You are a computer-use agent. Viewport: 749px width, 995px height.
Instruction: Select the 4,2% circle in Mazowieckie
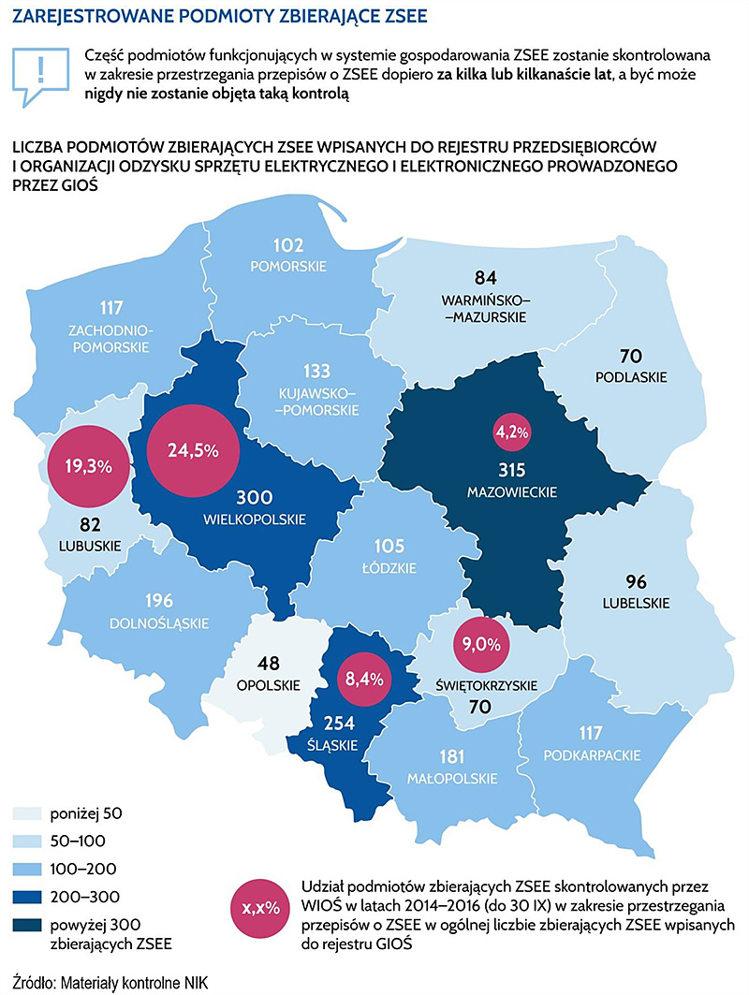click(512, 432)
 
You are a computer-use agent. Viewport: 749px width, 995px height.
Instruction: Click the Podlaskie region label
click(631, 377)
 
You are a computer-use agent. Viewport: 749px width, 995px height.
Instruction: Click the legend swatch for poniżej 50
click(27, 813)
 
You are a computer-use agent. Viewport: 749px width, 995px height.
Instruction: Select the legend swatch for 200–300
click(27, 897)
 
